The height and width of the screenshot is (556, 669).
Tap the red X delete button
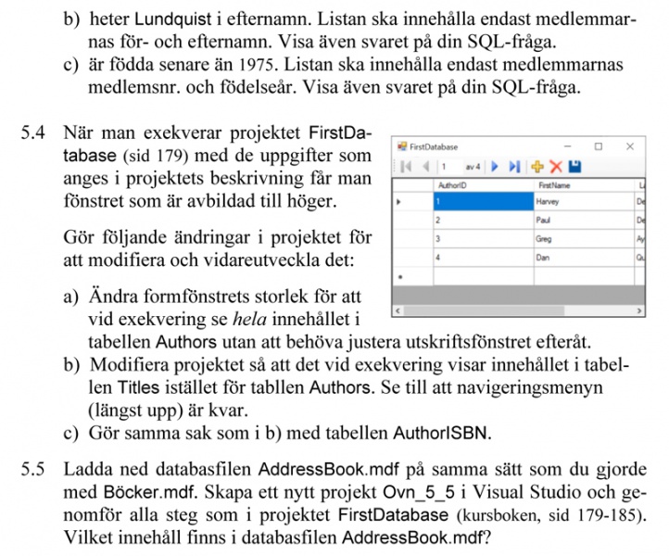tap(556, 167)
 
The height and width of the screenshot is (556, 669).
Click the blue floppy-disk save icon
tap(574, 167)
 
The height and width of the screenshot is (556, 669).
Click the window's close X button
tap(630, 146)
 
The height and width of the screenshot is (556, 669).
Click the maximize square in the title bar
tap(599, 146)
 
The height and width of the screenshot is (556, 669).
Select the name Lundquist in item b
tap(169, 19)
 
